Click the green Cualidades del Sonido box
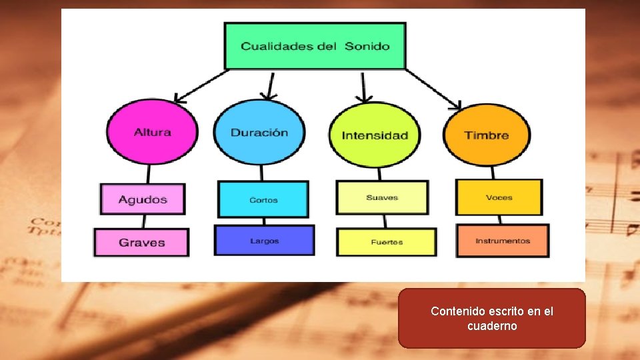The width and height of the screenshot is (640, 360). [x=315, y=46]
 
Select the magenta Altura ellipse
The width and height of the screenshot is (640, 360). [x=153, y=131]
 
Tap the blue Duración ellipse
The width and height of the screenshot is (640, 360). [x=259, y=132]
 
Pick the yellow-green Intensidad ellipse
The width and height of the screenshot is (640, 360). [x=375, y=135]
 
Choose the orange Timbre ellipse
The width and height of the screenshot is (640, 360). [x=487, y=135]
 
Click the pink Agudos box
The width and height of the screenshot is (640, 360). [x=143, y=199]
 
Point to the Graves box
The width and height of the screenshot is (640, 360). [x=141, y=243]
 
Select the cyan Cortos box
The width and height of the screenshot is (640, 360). [x=263, y=199]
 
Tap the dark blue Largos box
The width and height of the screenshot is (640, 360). [x=264, y=241]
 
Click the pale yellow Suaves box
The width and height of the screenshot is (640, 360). [x=382, y=197]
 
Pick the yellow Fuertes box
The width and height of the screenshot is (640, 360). [x=387, y=242]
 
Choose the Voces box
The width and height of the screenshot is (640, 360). [x=499, y=197]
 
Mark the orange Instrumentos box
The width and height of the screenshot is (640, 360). [x=503, y=241]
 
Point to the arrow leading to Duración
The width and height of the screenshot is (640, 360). [x=269, y=85]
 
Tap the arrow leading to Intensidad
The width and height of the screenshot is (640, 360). [x=363, y=87]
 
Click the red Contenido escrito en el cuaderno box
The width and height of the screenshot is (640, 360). [x=492, y=318]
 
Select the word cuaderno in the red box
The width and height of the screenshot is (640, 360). [x=492, y=326]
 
